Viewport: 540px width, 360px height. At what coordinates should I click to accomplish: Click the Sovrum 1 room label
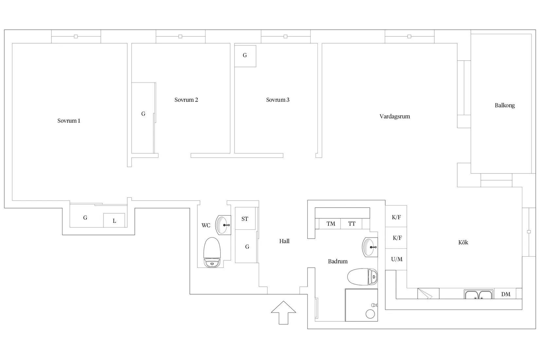69,120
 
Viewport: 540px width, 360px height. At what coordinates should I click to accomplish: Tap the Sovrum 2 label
186,100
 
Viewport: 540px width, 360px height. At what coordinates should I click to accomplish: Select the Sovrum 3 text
278,100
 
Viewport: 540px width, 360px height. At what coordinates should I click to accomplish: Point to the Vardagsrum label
395,117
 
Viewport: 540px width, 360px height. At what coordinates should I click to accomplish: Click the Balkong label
505,105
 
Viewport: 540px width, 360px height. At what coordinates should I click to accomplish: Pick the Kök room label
463,242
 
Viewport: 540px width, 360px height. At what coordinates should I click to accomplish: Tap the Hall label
284,241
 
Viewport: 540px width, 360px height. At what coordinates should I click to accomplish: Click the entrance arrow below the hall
283,313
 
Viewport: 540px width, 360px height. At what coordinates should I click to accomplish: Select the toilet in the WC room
212,252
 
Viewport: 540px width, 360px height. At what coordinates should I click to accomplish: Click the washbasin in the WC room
223,225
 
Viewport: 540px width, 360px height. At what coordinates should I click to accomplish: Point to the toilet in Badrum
362,277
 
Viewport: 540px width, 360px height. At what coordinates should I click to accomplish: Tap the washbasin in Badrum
370,247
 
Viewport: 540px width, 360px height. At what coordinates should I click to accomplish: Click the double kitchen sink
478,295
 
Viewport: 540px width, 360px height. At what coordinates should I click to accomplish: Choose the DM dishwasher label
506,294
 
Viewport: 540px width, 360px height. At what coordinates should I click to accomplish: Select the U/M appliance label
397,259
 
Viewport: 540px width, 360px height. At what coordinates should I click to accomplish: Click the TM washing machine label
331,224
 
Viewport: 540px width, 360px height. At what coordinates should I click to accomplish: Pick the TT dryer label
352,224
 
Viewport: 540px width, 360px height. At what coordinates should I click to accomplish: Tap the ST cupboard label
245,219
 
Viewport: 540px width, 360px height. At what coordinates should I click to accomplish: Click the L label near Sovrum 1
114,221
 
